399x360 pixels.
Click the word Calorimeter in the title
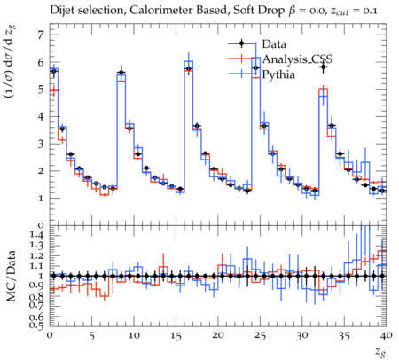pos(153,10)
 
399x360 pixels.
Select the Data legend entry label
pos(274,44)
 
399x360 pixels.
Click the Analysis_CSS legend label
pos(297,59)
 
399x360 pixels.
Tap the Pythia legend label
pos(278,74)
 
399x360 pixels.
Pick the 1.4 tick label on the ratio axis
pos(36,236)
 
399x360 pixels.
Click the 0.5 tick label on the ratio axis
pos(36,325)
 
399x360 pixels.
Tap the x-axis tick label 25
pos(261,336)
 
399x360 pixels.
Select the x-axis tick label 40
pos(387,336)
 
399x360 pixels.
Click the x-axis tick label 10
pos(134,336)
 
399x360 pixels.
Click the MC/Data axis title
pos(12,276)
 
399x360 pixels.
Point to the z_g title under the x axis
pos(380,351)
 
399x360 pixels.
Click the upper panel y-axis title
pos(11,61)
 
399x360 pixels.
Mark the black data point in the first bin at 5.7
pos(54,71)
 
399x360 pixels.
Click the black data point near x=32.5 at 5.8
pos(324,67)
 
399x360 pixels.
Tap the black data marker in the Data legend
pos(241,44)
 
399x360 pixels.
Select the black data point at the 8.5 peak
pos(121,73)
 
